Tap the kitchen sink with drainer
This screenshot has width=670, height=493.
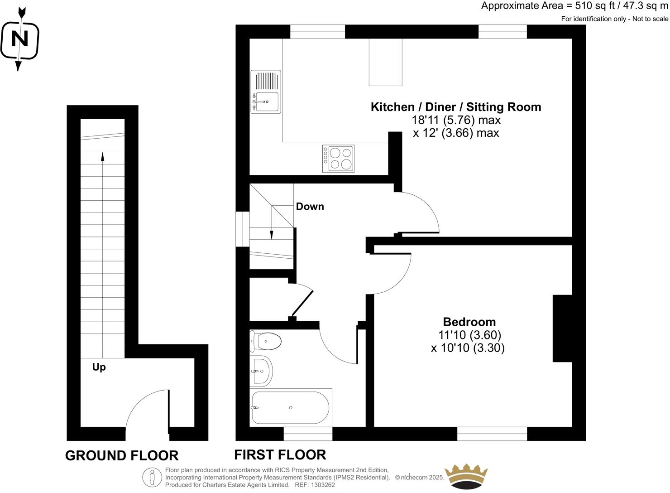pyautogui.click(x=266, y=92)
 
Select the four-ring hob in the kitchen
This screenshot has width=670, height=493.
pyautogui.click(x=339, y=159)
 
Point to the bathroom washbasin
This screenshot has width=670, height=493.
pyautogui.click(x=261, y=371)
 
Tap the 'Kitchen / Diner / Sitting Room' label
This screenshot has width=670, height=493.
pyautogui.click(x=455, y=107)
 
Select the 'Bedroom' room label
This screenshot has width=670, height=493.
pyautogui.click(x=469, y=322)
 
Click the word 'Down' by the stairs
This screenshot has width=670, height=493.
pyautogui.click(x=310, y=207)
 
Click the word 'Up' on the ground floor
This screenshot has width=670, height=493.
pyautogui.click(x=99, y=367)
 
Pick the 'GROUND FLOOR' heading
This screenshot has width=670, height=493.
pyautogui.click(x=122, y=455)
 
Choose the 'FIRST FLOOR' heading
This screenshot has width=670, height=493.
pyautogui.click(x=280, y=454)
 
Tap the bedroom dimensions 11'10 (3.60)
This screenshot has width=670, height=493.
pyautogui.click(x=469, y=335)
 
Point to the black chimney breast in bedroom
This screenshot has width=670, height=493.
pyautogui.click(x=562, y=329)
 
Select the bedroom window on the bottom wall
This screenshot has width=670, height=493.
pyautogui.click(x=492, y=434)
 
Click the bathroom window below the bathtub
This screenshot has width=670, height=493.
pyautogui.click(x=308, y=434)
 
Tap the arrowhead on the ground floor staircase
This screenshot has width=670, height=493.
pyautogui.click(x=102, y=157)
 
